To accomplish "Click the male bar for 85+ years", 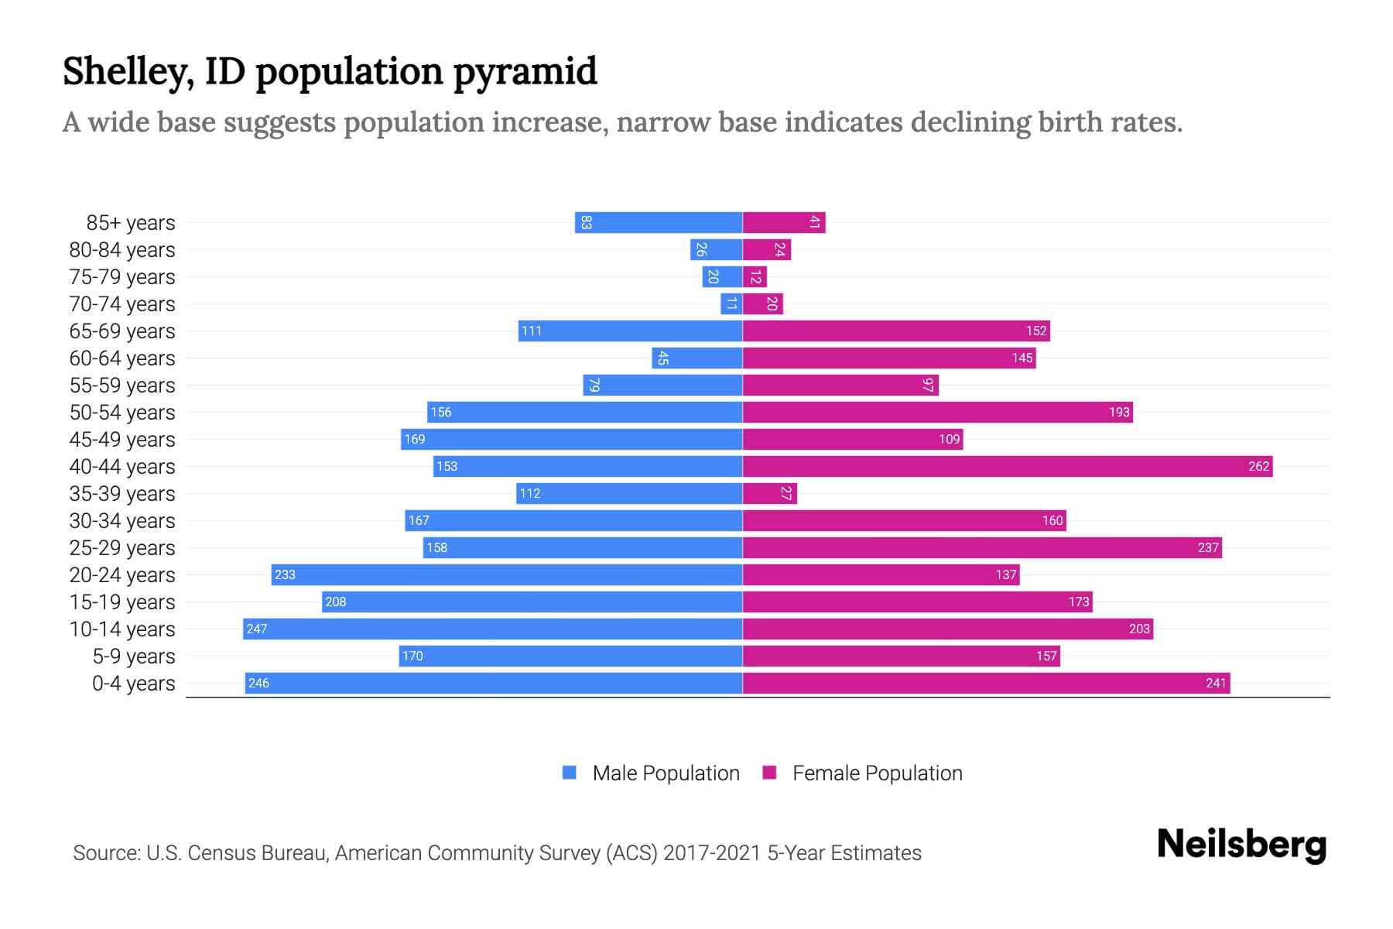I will click(x=659, y=223).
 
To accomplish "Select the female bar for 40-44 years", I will click(x=1007, y=467).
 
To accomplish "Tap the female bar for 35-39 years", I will click(x=769, y=494).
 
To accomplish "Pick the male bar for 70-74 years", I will click(x=731, y=304).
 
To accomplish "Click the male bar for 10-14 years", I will click(x=492, y=629).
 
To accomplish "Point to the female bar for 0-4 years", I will click(x=986, y=684).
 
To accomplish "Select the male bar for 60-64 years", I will click(x=696, y=358).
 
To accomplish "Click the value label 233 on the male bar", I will click(x=285, y=575).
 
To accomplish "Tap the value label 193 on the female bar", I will click(x=1119, y=413).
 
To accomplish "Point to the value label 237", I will click(x=1208, y=548).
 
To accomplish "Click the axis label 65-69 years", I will click(x=122, y=331).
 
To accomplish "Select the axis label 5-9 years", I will click(x=134, y=656).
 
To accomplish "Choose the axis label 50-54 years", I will click(x=122, y=413).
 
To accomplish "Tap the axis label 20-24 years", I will click(x=122, y=575).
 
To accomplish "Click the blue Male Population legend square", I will click(x=570, y=773).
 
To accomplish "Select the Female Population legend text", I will click(x=877, y=773).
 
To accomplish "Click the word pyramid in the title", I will click(x=525, y=72).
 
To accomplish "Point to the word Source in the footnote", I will click(x=105, y=853).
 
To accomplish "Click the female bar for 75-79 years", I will click(x=755, y=277).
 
